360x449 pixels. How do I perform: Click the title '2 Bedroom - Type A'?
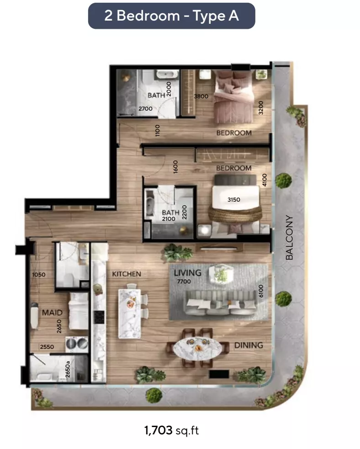[171, 16]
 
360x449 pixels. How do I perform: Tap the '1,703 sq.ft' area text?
[171, 430]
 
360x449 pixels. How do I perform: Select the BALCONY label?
[289, 237]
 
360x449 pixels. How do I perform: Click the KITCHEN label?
[127, 274]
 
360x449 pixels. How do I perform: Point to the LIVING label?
[187, 273]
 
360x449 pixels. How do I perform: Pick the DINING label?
[249, 345]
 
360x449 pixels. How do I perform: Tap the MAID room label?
[52, 312]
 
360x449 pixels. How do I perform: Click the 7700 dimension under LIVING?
[184, 282]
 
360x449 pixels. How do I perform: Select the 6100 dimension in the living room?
[261, 291]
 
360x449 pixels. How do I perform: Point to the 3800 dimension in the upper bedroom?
[201, 96]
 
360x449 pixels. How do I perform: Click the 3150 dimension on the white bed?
[234, 200]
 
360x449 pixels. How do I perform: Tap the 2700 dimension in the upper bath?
[145, 108]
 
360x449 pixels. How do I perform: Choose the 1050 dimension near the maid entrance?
[39, 275]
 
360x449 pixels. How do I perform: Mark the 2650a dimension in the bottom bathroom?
[68, 369]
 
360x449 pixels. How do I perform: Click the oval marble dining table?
[198, 348]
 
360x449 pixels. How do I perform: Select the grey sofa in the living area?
[220, 303]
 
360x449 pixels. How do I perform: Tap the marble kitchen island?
[130, 314]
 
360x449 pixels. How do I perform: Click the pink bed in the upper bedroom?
[234, 96]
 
